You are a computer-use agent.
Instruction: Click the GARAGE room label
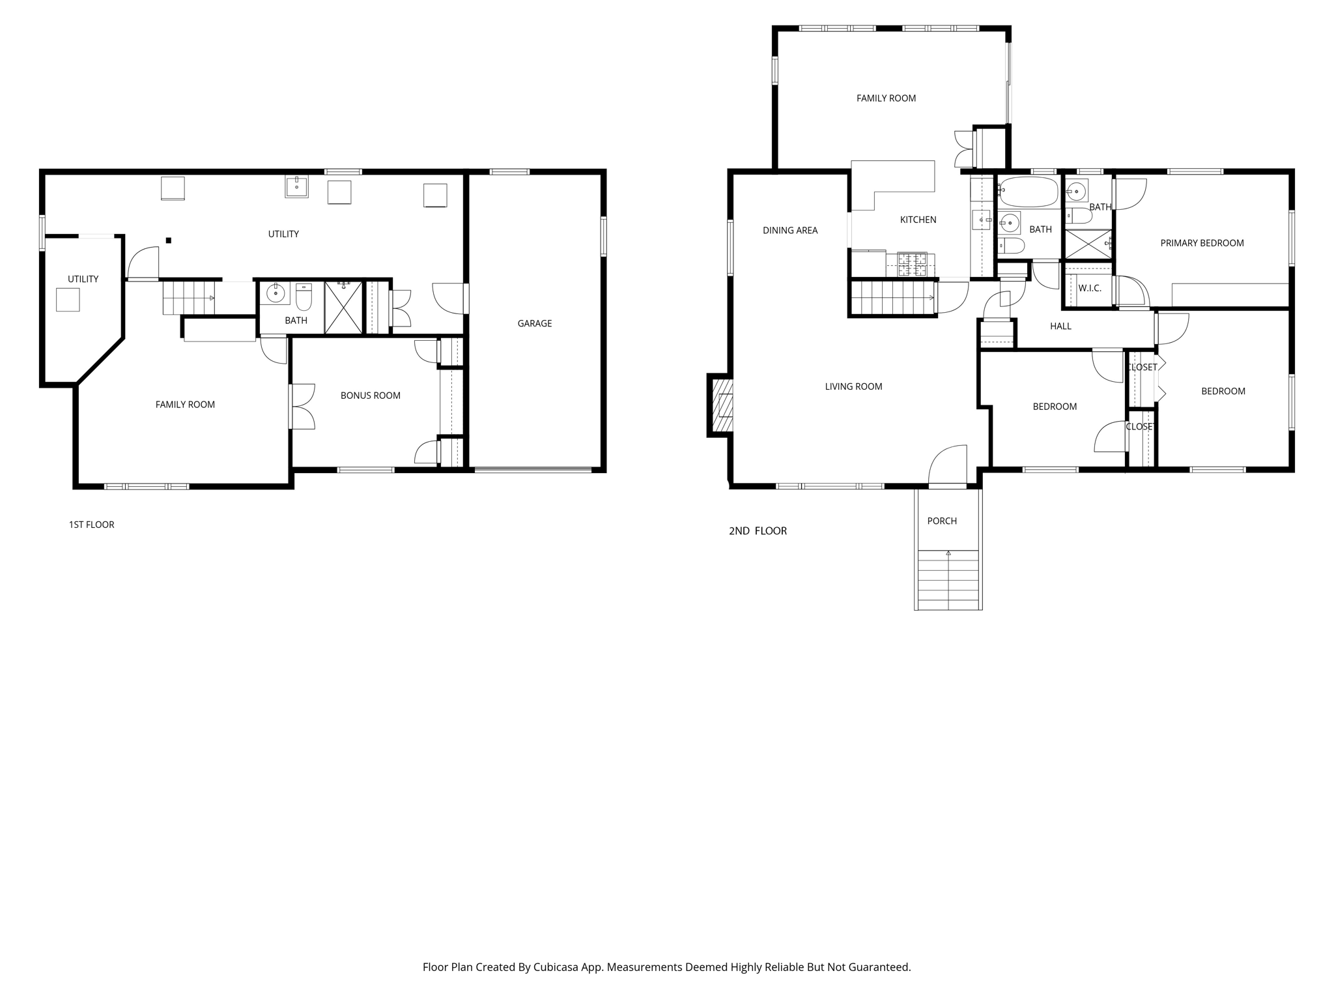pos(534,323)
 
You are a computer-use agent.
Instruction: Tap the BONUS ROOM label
pos(370,396)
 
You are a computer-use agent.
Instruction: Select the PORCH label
pos(942,521)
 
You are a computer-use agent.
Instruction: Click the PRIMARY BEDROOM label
pos(1202,243)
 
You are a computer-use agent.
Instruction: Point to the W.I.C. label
pos(1090,288)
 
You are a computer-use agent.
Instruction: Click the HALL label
pos(1060,326)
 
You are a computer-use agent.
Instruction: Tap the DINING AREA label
pos(790,230)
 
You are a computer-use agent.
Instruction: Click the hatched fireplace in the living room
pos(721,405)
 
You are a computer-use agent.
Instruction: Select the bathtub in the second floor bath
pos(1029,191)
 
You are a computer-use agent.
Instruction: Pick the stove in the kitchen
pos(913,265)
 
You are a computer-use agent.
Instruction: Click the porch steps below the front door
pos(948,580)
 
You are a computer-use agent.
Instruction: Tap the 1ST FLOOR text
pos(92,525)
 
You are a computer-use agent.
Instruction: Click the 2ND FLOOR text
pos(758,531)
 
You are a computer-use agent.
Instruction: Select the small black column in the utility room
pos(169,240)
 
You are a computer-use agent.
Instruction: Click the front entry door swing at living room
pos(948,466)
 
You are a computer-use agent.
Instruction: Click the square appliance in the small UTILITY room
pos(68,300)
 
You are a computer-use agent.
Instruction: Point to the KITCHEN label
pos(918,220)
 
